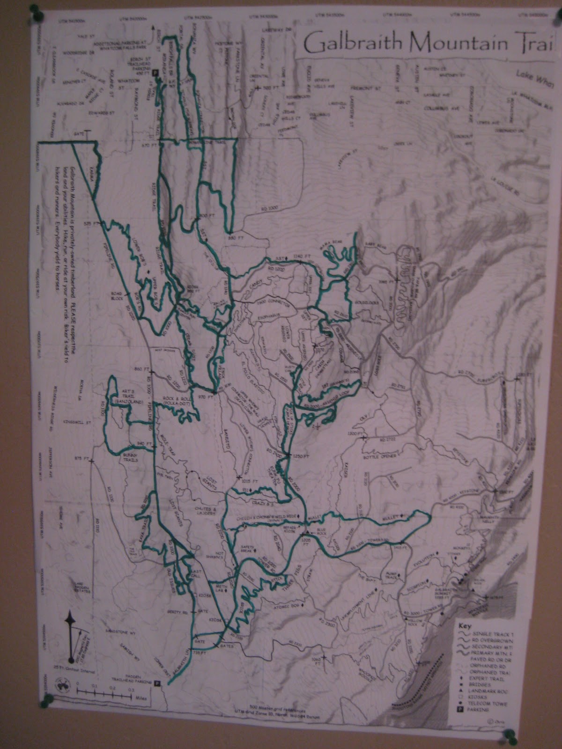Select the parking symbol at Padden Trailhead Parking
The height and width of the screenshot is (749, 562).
(x=157, y=683)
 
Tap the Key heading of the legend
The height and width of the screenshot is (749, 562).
(x=465, y=625)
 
